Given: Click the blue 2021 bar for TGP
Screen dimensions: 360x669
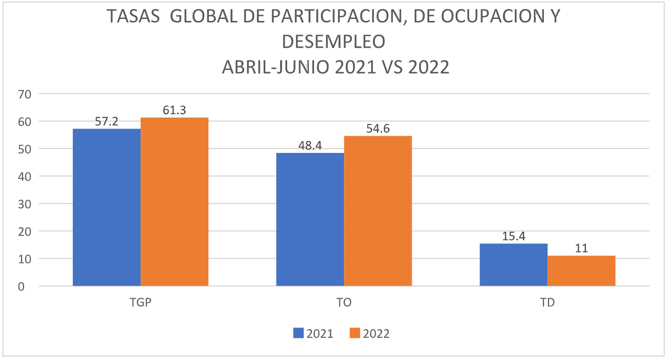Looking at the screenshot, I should pyautogui.click(x=107, y=207).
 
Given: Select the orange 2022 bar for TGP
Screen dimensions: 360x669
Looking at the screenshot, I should pyautogui.click(x=174, y=201).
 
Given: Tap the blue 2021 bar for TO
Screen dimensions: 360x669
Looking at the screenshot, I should pyautogui.click(x=310, y=219).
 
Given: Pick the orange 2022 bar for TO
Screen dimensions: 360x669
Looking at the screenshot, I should pyautogui.click(x=378, y=211).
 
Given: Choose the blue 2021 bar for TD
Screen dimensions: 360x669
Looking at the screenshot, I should pyautogui.click(x=513, y=265).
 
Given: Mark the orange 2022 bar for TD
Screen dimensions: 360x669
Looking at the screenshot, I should pyautogui.click(x=581, y=271).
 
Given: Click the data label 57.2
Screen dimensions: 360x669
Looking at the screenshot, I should pyautogui.click(x=107, y=121).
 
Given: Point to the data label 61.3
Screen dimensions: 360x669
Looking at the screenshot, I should pyautogui.click(x=174, y=110).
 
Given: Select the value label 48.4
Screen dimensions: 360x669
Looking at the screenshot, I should pyautogui.click(x=310, y=145).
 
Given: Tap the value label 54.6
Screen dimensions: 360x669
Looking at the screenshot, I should pyautogui.click(x=378, y=129).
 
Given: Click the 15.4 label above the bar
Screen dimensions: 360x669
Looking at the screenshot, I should pyautogui.click(x=513, y=236).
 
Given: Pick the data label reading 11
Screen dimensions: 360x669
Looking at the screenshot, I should pyautogui.click(x=581, y=248).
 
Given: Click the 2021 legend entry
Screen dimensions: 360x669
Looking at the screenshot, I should pyautogui.click(x=314, y=334).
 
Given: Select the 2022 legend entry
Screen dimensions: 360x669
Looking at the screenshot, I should pyautogui.click(x=369, y=334).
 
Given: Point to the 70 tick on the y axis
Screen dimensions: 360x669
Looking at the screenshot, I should pyautogui.click(x=24, y=94).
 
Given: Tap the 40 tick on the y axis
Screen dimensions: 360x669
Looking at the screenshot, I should pyautogui.click(x=24, y=177).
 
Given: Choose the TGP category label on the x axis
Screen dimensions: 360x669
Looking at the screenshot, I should pyautogui.click(x=140, y=303).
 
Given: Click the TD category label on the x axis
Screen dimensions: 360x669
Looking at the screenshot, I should pyautogui.click(x=547, y=303).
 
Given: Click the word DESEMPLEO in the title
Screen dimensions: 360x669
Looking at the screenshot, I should pyautogui.click(x=334, y=42).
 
